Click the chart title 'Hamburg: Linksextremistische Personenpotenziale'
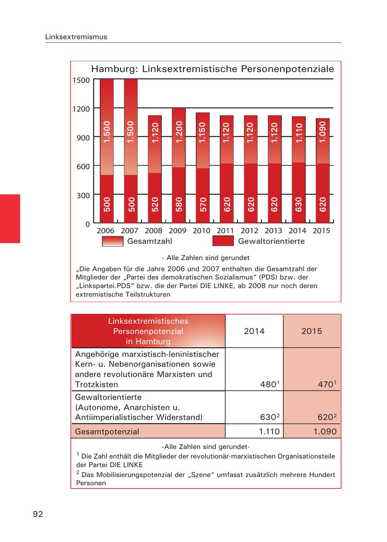tap(212, 69)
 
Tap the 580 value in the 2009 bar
tap(179, 204)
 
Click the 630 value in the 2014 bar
tap(299, 204)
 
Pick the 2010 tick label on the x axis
tap(202, 231)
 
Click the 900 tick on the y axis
tap(83, 137)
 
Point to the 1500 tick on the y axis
tap(81, 80)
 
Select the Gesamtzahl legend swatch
tap(113, 241)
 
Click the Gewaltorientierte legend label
tap(271, 241)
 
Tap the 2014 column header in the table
tap(254, 331)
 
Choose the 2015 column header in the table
tap(312, 331)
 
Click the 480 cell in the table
tap(268, 385)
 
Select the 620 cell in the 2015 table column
tap(326, 417)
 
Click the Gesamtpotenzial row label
tap(107, 431)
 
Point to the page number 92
tap(38, 514)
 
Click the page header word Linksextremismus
tap(76, 37)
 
